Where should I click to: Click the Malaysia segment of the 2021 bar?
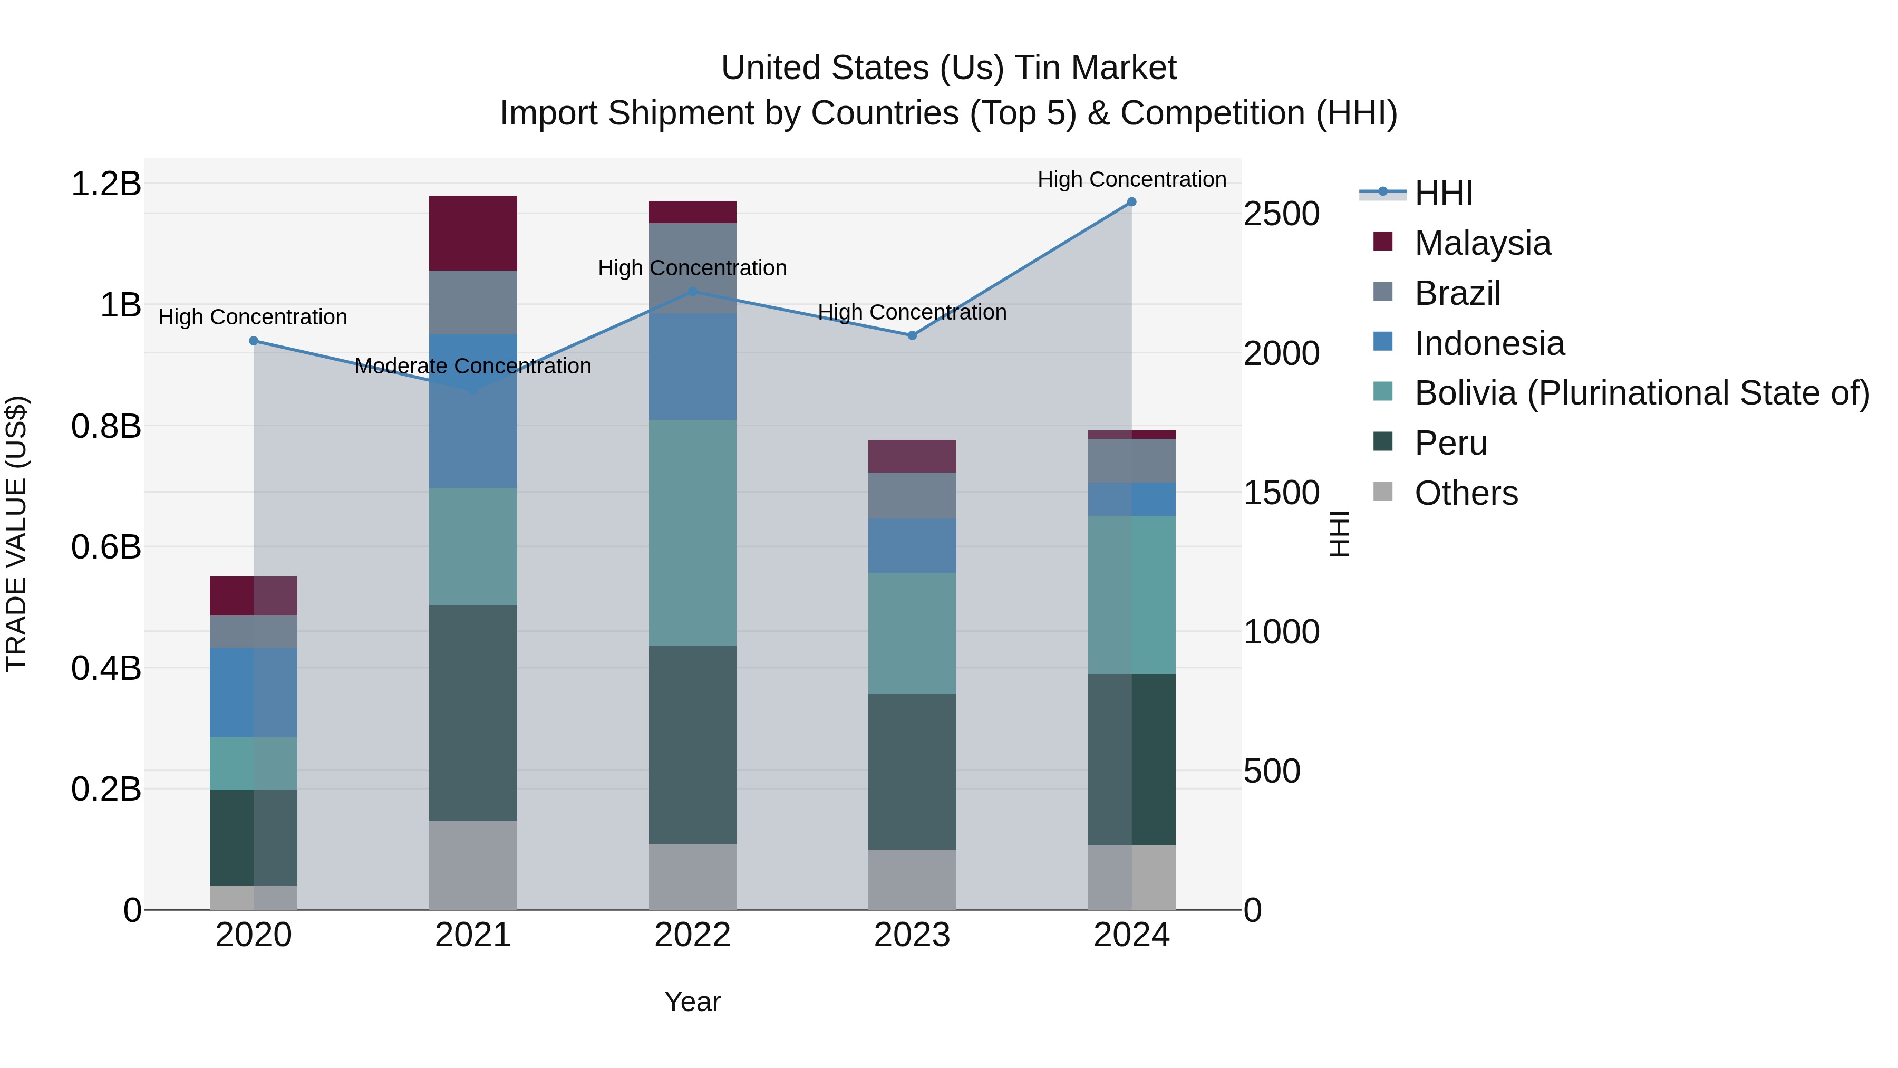click(473, 233)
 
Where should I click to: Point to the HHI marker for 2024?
click(1132, 202)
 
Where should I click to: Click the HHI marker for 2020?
click(254, 341)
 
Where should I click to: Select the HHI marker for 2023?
click(912, 335)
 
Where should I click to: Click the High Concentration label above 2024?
click(1132, 179)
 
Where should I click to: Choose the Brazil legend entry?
click(1457, 293)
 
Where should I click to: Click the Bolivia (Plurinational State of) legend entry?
click(1642, 393)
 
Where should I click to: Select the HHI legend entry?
click(1442, 193)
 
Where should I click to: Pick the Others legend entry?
click(1466, 493)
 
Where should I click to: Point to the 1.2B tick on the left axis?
click(106, 184)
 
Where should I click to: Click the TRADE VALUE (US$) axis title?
click(17, 534)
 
